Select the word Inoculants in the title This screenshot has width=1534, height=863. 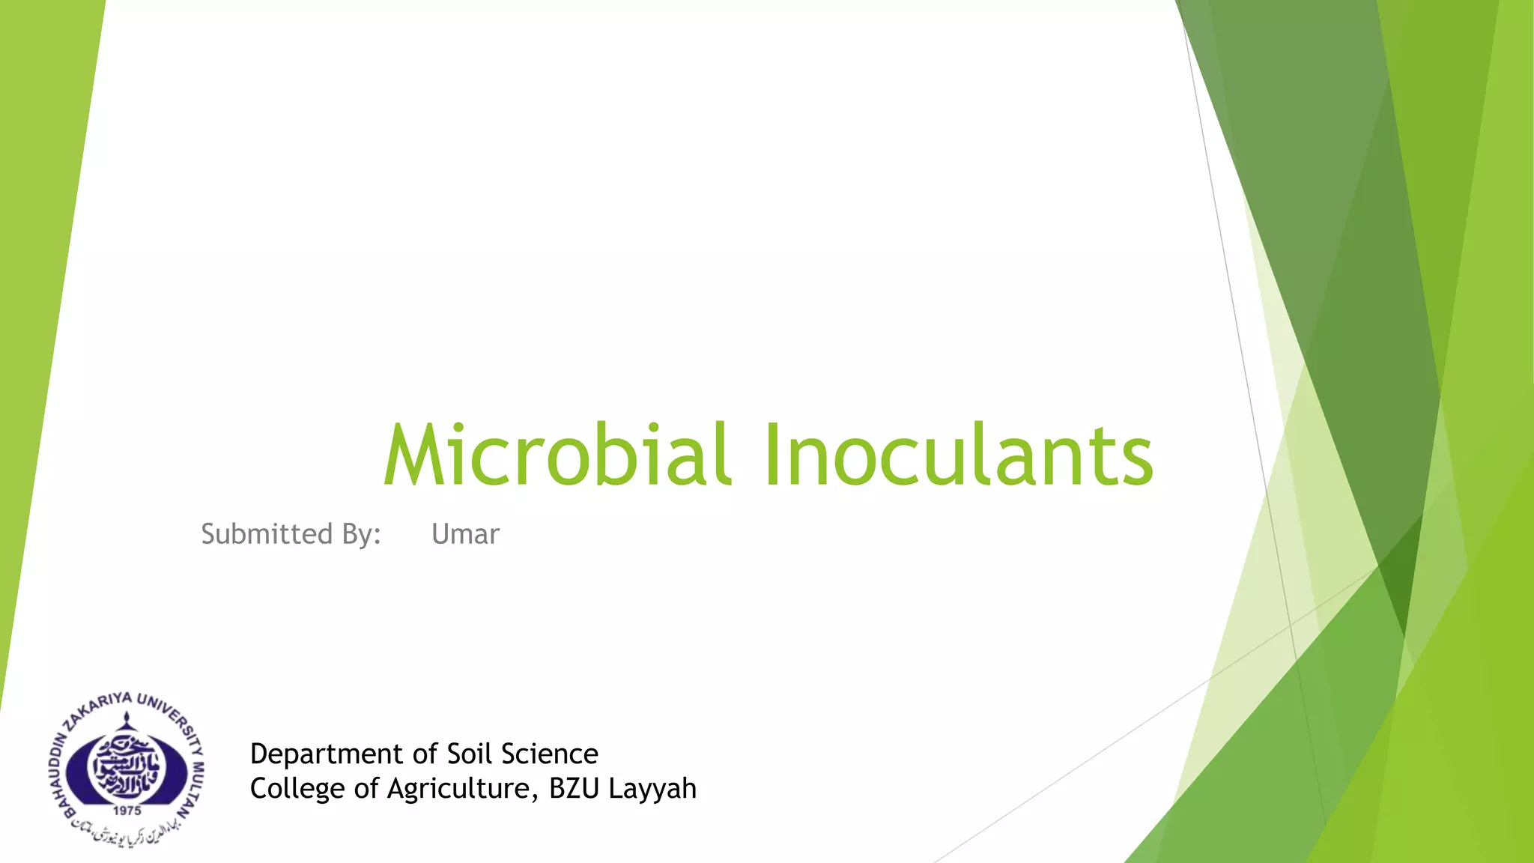click(958, 455)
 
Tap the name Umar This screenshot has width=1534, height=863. click(465, 534)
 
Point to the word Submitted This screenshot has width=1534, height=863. click(267, 534)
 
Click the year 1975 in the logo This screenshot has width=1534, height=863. click(127, 811)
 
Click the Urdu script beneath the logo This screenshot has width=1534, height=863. click(127, 832)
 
